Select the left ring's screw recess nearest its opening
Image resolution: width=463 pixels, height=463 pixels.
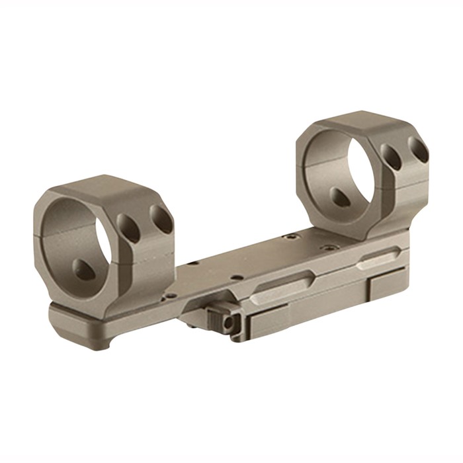[x=128, y=228]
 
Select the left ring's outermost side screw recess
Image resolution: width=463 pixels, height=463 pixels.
[x=161, y=218]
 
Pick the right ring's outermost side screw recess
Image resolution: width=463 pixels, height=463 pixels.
[x=418, y=149]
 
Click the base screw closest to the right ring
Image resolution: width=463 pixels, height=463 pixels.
[x=288, y=236]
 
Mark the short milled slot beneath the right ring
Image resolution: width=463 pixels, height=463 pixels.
[x=378, y=257]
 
